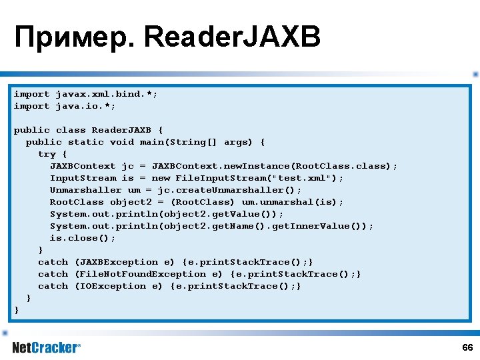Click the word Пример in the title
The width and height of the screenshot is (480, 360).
pos(73,39)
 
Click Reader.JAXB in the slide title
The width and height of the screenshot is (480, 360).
pos(232,39)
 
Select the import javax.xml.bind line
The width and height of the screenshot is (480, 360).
pos(86,94)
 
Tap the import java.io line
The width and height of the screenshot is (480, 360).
pos(65,106)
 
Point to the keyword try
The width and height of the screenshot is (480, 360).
pos(47,154)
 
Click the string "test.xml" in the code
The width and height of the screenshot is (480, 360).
pos(306,178)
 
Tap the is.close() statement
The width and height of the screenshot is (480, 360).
pos(83,238)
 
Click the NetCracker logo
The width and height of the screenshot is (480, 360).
pos(46,347)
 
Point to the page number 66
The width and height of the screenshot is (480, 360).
pos(467,348)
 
